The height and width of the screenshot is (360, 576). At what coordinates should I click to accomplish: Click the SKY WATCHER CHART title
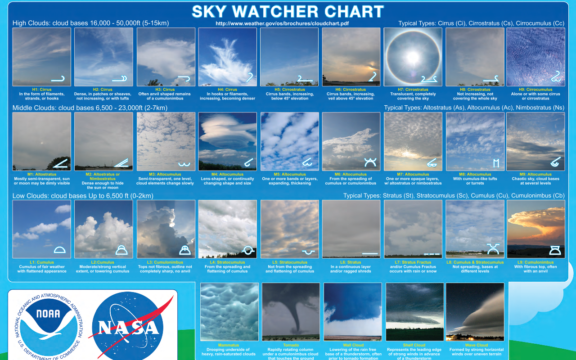[x=288, y=11]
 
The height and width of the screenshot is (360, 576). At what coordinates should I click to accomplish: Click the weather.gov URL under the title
[x=282, y=23]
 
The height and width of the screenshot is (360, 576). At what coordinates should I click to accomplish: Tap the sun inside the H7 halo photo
[x=413, y=57]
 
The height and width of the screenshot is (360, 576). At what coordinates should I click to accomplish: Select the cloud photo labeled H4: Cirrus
[x=228, y=57]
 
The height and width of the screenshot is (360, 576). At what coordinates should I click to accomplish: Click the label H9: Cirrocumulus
[x=535, y=90]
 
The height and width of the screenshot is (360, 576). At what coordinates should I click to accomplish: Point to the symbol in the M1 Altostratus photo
[x=60, y=163]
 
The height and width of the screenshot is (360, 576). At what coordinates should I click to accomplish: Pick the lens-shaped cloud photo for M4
[x=228, y=141]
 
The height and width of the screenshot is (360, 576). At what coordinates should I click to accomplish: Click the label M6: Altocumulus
[x=351, y=174]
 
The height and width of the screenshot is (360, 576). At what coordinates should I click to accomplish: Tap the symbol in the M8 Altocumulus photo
[x=496, y=163]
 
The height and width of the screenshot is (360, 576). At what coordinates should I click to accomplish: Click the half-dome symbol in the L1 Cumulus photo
[x=60, y=250]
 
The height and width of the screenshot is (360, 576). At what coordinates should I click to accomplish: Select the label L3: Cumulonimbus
[x=165, y=262]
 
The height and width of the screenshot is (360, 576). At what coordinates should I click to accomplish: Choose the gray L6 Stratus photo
[x=351, y=229]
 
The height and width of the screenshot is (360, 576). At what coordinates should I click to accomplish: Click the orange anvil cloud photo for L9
[x=535, y=229]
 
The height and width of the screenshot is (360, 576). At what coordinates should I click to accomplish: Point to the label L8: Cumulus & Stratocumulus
[x=475, y=262]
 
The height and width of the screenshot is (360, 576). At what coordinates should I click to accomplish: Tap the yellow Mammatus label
[x=229, y=345]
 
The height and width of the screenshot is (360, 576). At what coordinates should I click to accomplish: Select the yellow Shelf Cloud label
[x=414, y=345]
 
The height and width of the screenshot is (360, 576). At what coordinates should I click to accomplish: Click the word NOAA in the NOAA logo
[x=48, y=314]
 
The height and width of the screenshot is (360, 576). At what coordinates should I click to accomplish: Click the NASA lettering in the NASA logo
[x=129, y=328]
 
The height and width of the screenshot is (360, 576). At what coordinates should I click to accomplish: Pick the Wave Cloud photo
[x=475, y=312]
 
